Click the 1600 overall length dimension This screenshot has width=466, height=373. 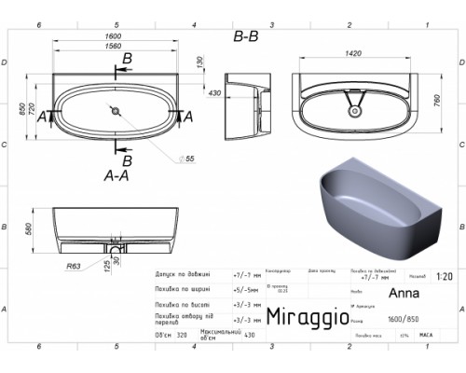click(114, 35)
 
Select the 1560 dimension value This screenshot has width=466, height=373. click(114, 46)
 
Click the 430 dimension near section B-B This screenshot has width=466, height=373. click(214, 93)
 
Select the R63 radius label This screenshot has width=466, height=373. click(75, 265)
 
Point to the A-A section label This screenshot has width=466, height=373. click(114, 173)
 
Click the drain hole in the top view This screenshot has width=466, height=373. click(116, 112)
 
